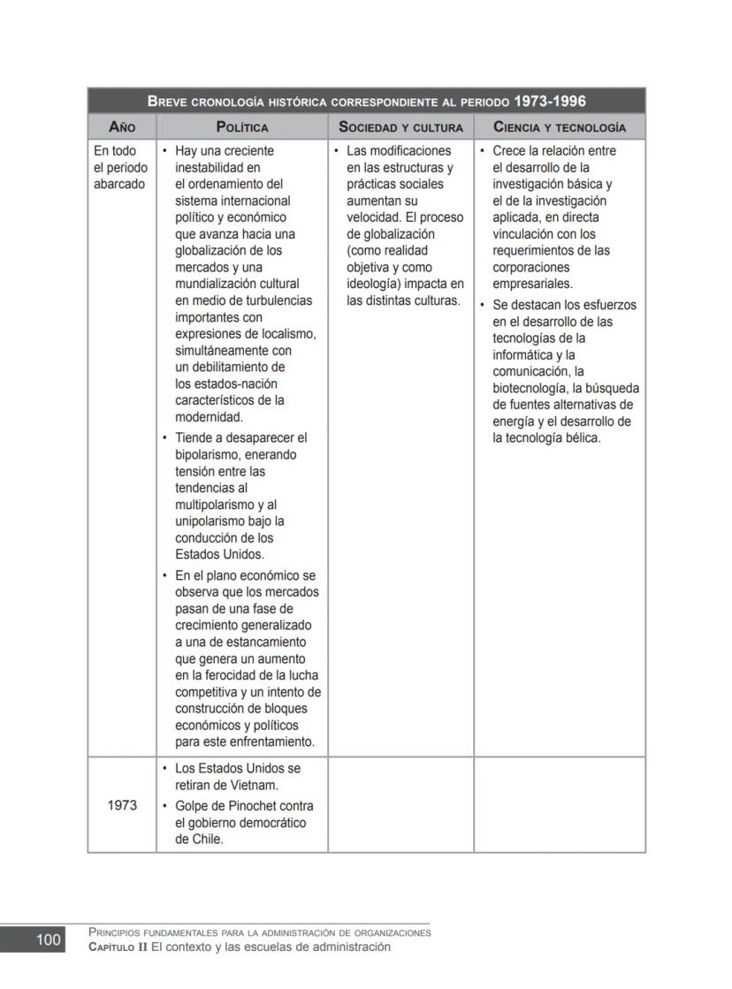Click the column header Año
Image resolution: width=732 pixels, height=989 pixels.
[x=122, y=127]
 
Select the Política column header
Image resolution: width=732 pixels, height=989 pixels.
[x=242, y=127]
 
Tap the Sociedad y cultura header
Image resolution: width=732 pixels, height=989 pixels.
[x=400, y=127]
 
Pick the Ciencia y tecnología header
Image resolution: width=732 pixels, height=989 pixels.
[x=560, y=127]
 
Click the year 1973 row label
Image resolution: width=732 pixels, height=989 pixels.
[x=122, y=805]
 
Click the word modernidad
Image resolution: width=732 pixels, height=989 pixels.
[x=210, y=417]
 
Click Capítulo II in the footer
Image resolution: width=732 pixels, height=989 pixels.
[x=117, y=947]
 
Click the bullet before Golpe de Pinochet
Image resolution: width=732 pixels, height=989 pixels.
[x=165, y=806]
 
